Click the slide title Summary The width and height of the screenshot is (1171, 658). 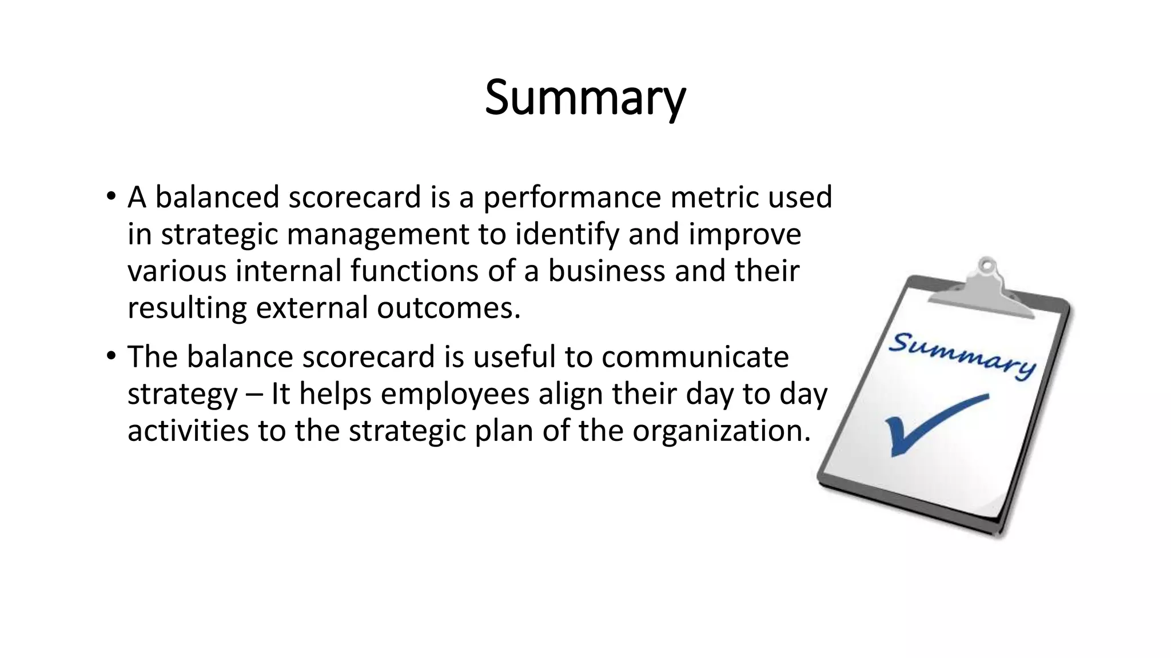(585, 98)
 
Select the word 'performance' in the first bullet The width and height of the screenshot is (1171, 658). (572, 198)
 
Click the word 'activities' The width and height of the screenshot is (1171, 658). (188, 431)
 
